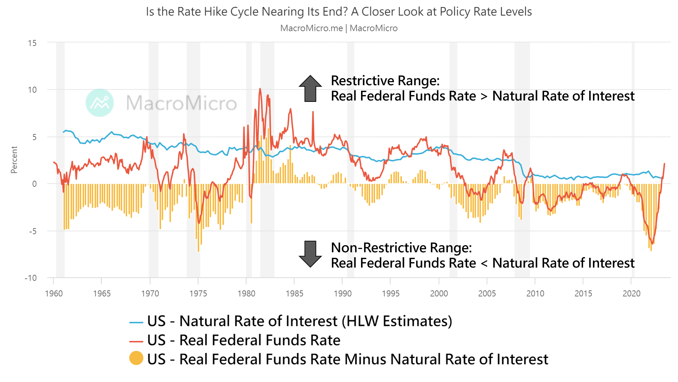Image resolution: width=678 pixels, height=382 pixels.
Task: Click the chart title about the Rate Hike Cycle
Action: click(339, 12)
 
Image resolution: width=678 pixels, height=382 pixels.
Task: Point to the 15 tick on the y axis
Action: click(32, 43)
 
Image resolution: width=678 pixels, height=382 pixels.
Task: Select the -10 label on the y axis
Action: click(31, 278)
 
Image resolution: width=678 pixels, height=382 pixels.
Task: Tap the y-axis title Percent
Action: click(14, 160)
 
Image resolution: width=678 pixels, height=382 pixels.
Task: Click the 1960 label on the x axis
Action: click(54, 293)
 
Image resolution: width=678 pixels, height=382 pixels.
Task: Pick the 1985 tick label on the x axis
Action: click(294, 293)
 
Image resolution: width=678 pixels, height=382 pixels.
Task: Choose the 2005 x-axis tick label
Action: click(487, 293)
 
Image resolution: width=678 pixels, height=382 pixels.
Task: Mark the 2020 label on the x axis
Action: click(631, 293)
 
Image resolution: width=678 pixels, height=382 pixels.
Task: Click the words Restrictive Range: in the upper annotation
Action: click(385, 81)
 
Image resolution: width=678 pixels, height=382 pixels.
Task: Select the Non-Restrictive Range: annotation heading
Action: click(401, 248)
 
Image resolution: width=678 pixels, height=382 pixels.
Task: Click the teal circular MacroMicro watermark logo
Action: click(100, 103)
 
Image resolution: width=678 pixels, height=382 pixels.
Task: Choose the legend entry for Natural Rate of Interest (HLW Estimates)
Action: click(299, 321)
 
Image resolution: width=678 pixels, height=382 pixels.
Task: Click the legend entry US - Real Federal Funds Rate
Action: click(243, 340)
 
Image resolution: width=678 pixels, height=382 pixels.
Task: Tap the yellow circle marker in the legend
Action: click(136, 358)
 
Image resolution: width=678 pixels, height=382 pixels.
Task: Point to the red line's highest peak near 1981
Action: click(260, 89)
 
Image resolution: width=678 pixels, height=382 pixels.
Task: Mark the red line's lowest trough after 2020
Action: click(653, 243)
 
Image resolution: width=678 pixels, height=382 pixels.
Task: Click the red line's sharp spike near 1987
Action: click(313, 112)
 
